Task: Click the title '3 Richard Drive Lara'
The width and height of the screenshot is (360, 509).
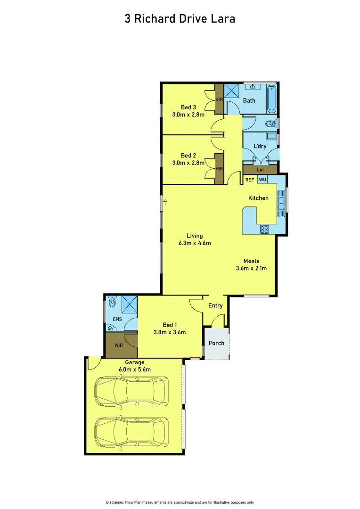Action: point(180,19)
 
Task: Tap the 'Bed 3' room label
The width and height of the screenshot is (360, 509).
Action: point(188,107)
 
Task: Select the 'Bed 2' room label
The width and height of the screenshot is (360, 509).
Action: point(188,156)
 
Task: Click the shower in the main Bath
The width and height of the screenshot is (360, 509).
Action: point(231,91)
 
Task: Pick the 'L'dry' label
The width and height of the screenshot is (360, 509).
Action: point(260,146)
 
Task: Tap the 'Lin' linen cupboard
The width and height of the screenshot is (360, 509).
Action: point(260,170)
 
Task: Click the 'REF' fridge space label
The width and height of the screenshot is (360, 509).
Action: point(250,180)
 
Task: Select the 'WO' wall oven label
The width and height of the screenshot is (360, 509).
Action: point(262,180)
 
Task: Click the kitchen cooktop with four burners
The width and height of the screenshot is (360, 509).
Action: point(264,230)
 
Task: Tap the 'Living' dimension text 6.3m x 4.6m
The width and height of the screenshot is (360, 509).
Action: point(194,244)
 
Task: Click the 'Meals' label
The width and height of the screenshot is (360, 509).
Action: point(251,261)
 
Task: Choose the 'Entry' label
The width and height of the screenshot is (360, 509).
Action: point(215,305)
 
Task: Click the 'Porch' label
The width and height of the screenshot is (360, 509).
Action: point(216,343)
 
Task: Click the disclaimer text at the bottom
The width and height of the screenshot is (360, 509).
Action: point(180,502)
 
